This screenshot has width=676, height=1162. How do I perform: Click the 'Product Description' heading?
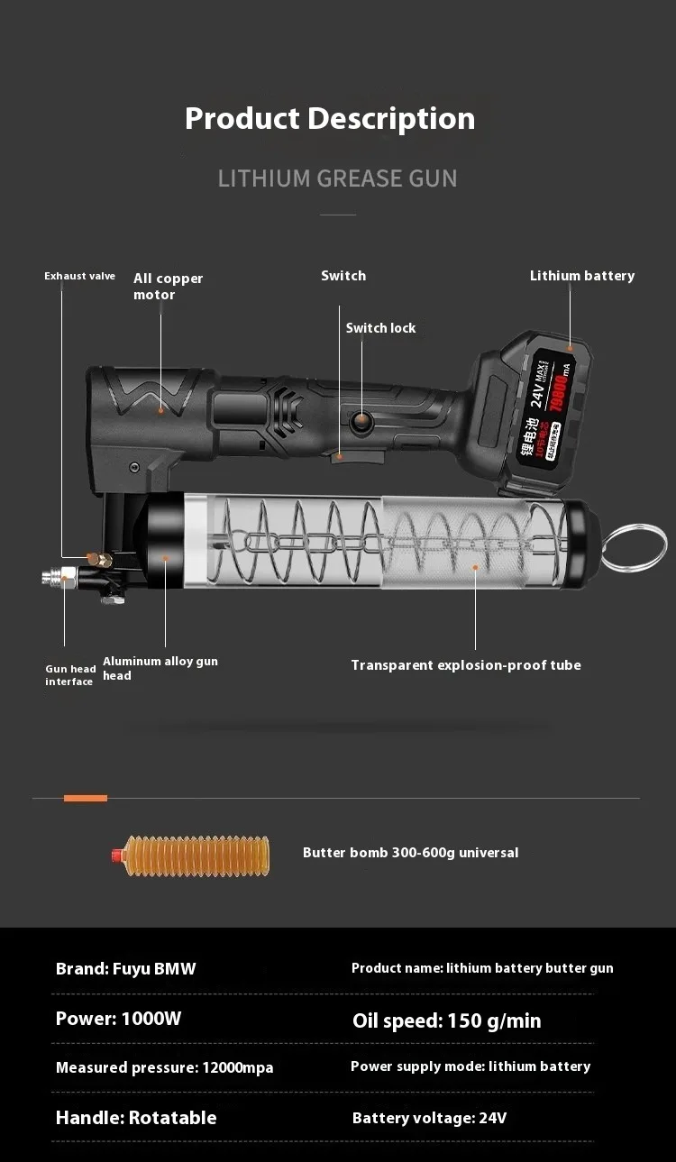click(330, 118)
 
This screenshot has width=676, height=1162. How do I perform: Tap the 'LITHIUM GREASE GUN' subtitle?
click(337, 178)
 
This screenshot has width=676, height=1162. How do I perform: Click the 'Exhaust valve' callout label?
click(79, 276)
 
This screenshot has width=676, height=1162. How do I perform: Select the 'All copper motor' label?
click(168, 287)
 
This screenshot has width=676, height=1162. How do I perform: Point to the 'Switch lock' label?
click(380, 328)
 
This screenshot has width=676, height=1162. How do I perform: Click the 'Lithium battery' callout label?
click(581, 276)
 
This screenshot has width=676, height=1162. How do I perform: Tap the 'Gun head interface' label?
click(70, 675)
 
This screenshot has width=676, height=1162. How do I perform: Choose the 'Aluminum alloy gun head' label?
click(160, 668)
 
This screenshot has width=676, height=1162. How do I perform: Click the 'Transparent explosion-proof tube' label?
click(465, 665)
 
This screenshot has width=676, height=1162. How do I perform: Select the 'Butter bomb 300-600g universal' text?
click(410, 853)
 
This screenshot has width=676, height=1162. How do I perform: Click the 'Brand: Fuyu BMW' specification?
click(125, 969)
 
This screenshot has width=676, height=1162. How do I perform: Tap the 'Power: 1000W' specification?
click(118, 1019)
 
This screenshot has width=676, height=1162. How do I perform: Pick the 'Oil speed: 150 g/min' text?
click(446, 1020)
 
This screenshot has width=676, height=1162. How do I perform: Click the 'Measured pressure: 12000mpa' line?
click(164, 1067)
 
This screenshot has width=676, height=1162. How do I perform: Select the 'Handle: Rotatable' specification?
click(136, 1118)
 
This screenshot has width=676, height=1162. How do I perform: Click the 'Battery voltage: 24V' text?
click(429, 1119)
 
